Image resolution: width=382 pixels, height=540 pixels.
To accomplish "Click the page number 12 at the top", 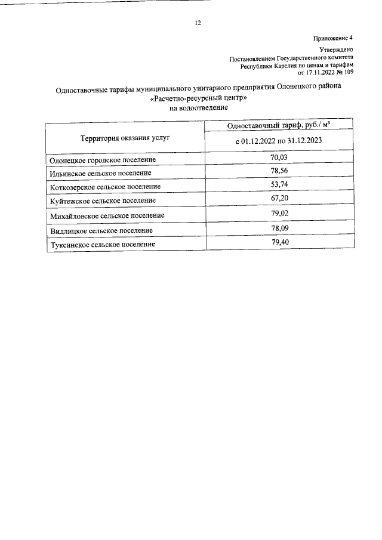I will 198,23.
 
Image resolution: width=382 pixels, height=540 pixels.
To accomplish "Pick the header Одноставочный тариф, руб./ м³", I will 279,126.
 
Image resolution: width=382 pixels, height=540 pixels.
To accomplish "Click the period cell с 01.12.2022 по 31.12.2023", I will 279,141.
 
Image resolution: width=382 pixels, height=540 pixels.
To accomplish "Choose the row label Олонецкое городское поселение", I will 103,160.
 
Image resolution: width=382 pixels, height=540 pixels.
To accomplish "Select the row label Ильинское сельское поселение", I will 100,173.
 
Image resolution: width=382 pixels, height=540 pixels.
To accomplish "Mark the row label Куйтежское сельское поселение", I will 103,200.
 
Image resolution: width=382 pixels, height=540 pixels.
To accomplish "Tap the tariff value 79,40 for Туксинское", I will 279,242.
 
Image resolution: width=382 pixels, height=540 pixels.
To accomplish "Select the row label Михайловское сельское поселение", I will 107,215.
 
